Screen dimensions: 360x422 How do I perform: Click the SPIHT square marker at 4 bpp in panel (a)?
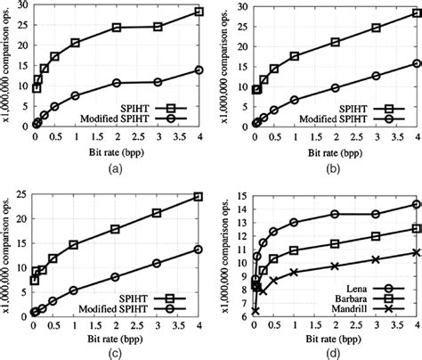pyautogui.click(x=199, y=12)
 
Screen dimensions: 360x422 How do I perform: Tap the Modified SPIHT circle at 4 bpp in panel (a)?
pyautogui.click(x=199, y=70)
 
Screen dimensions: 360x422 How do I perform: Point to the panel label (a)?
pyautogui.click(x=115, y=167)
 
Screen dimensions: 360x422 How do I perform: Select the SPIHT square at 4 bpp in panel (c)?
pyautogui.click(x=199, y=196)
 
